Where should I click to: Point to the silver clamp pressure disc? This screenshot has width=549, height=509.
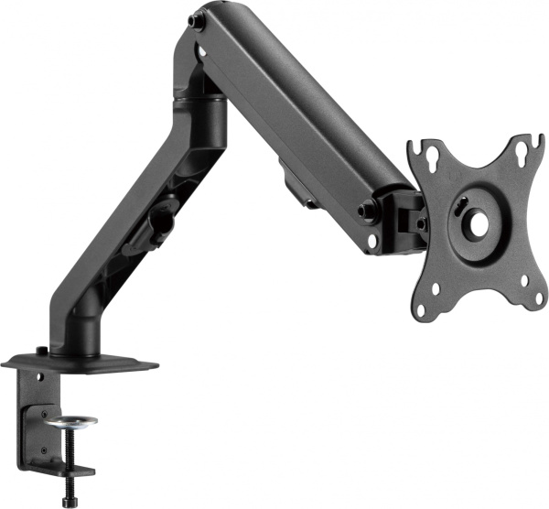click(x=70, y=421)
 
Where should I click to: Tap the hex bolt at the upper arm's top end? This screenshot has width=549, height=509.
click(x=195, y=20)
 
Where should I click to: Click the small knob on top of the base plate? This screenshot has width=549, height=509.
click(x=42, y=351)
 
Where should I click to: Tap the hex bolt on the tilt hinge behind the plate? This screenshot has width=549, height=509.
click(x=420, y=222)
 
